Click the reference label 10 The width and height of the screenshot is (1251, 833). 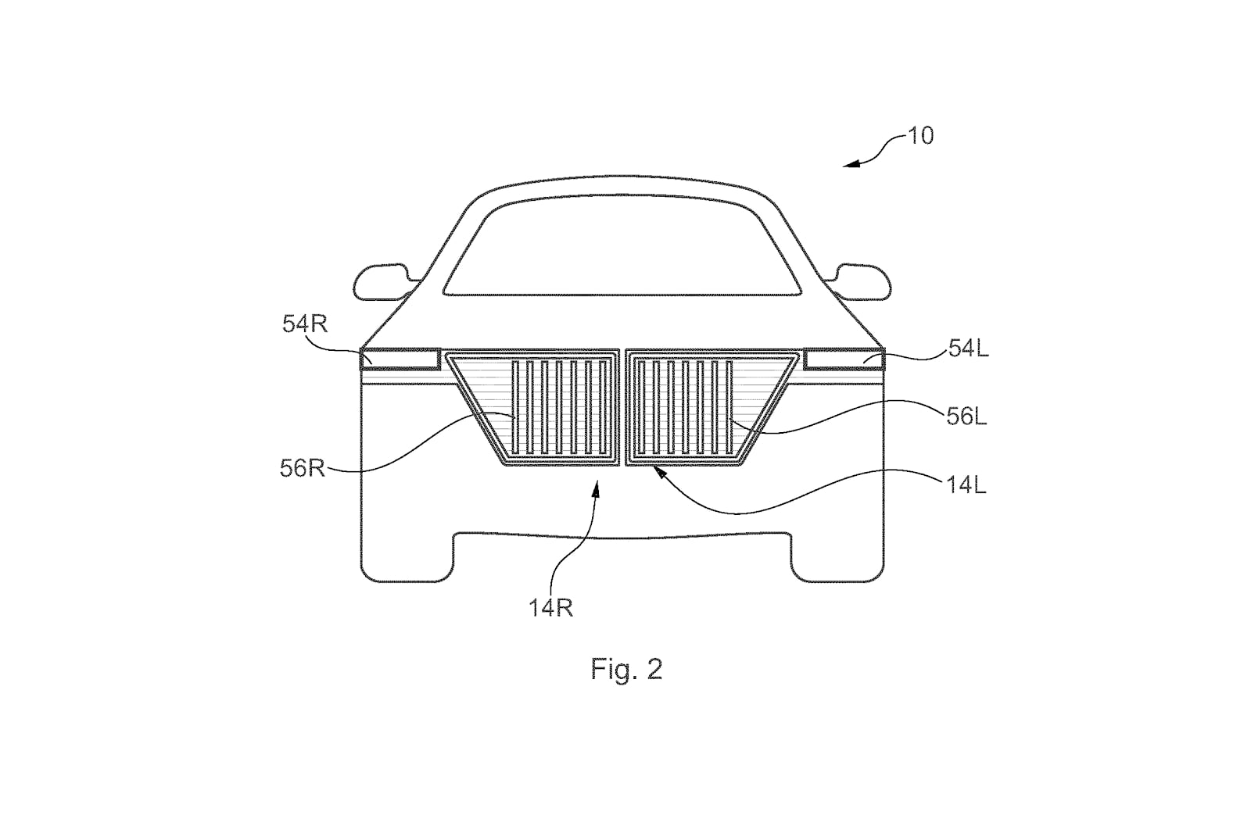pos(921,136)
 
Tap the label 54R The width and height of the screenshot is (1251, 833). pos(304,324)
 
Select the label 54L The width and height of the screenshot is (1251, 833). pos(969,349)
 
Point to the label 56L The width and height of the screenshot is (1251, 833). pos(966,417)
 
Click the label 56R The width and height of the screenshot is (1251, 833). pos(302,468)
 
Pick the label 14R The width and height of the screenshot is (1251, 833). pos(550,608)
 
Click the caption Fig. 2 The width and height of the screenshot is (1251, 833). pos(626,669)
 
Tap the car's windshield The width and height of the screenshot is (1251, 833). pos(622,245)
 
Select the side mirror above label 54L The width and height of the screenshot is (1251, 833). pos(860,282)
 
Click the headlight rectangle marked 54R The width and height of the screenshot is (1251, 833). pos(400,359)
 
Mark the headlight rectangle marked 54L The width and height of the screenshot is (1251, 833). pos(844,359)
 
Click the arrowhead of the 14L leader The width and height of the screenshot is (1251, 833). pos(660,472)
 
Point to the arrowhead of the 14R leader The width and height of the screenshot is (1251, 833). pos(597,490)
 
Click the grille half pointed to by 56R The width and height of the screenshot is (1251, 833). pos(532,408)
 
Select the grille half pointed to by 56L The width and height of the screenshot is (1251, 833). pos(712,408)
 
